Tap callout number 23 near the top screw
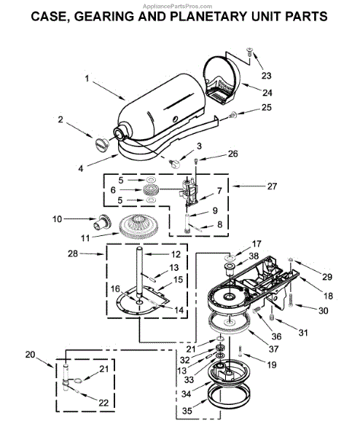pyautogui.click(x=266, y=76)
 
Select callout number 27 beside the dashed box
pyautogui.click(x=272, y=186)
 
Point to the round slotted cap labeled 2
pyautogui.click(x=101, y=145)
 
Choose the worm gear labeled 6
pyautogui.click(x=150, y=190)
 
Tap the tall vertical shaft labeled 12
pyautogui.click(x=139, y=270)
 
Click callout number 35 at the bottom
pyautogui.click(x=187, y=411)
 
